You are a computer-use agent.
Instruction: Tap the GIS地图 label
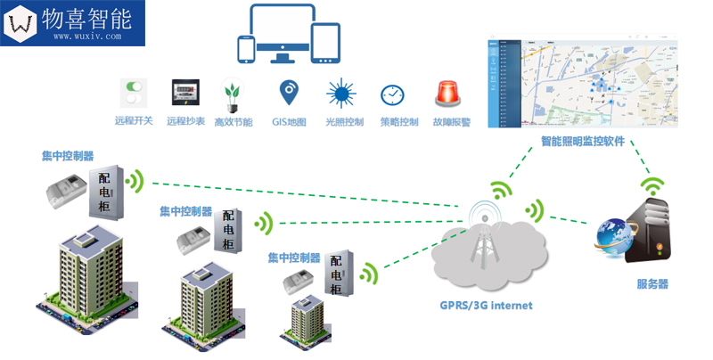point(290,122)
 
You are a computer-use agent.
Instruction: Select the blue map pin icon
point(289,93)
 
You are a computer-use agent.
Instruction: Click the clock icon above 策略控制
point(393,95)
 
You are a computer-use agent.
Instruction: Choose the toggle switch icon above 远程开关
point(135,93)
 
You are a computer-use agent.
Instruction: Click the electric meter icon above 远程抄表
point(185,94)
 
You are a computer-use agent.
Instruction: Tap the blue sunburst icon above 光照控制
point(341,94)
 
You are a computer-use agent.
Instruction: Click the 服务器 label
point(652,284)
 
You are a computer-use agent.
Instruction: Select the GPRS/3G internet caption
point(486,305)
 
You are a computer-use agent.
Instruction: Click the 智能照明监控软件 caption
point(583,142)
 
